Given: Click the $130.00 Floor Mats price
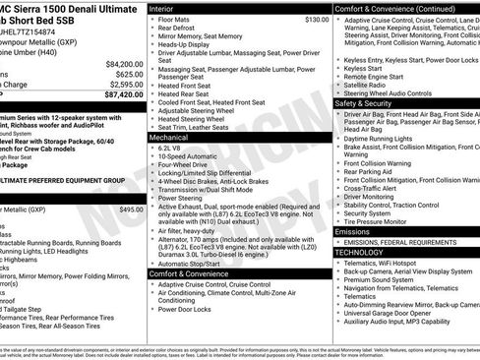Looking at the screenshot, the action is click(317, 19).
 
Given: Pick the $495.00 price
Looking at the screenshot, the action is click(131, 210).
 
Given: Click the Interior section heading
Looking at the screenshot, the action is click(168, 8).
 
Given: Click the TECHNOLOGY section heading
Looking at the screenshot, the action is click(361, 253).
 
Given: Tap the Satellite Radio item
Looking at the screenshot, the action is click(370, 84).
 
